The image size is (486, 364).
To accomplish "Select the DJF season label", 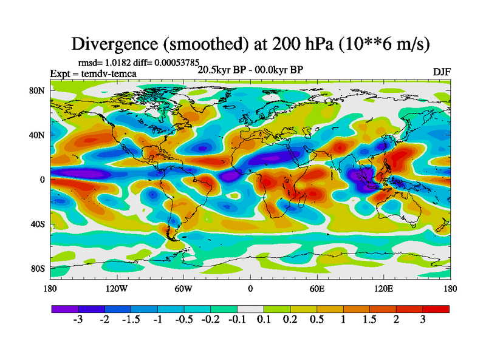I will [442, 72].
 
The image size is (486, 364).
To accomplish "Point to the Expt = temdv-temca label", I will [93, 73].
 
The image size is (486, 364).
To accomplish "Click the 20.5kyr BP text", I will [221, 70].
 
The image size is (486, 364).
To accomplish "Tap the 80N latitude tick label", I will [38, 90].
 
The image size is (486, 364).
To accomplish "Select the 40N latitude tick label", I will [38, 135].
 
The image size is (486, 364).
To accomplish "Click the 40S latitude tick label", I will [38, 224].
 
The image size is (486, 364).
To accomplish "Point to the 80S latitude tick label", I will [38, 268].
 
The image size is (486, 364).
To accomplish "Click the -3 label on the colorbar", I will [78, 320].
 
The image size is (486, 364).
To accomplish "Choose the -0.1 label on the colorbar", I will [237, 320].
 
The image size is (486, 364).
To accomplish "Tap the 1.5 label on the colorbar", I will [369, 320].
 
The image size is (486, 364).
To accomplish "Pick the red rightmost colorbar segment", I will [436, 309].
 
